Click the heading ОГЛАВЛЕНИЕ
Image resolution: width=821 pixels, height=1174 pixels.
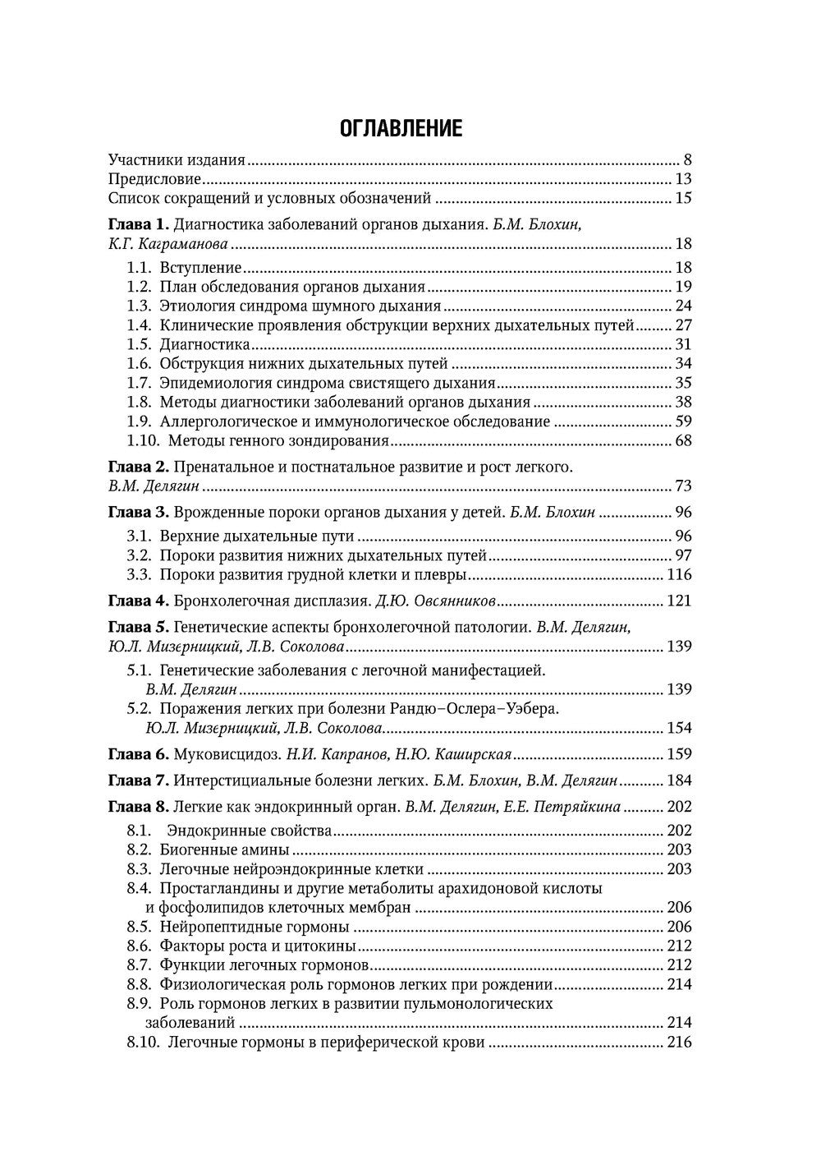point(401,129)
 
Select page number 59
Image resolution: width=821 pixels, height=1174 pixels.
point(683,421)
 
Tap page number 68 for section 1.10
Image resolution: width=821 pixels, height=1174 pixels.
point(683,441)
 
